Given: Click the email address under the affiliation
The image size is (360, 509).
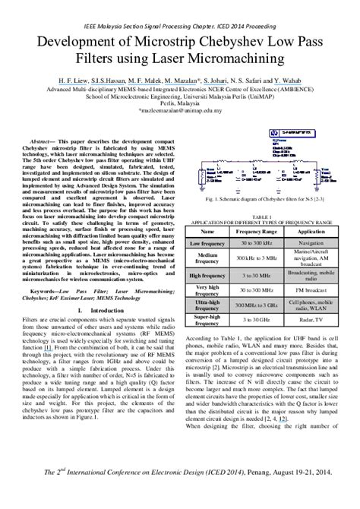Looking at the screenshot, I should click(x=179, y=109).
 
